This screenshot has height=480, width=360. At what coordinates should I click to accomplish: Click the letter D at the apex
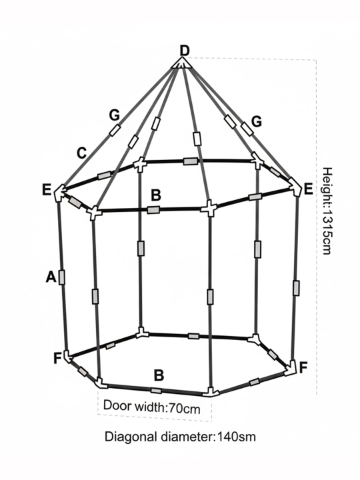click(x=184, y=51)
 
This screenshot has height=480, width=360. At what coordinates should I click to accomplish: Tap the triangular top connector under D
click(x=181, y=63)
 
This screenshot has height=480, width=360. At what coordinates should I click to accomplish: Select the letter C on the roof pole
click(x=82, y=153)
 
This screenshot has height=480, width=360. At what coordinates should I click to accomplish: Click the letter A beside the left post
click(x=51, y=277)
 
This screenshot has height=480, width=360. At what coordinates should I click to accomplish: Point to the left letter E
click(x=47, y=190)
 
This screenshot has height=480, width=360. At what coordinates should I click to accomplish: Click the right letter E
click(x=307, y=189)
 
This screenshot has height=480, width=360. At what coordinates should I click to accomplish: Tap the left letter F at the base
click(x=58, y=358)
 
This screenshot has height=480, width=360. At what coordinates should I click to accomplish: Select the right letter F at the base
click(x=303, y=367)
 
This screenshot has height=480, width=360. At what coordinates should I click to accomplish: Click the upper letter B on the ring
click(x=156, y=195)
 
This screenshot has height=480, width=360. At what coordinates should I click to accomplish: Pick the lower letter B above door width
click(x=159, y=375)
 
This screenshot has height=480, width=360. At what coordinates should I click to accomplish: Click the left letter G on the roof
click(x=114, y=115)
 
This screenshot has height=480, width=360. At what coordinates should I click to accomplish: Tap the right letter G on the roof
click(x=257, y=121)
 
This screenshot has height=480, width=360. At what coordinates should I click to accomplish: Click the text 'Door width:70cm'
click(x=152, y=407)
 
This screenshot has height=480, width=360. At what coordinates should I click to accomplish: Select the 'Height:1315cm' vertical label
click(x=327, y=211)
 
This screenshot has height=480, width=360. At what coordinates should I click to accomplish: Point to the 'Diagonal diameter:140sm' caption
click(x=180, y=437)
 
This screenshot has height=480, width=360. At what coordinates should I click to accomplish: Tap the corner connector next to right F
click(x=290, y=368)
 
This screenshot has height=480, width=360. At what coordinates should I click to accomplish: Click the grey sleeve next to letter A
click(x=62, y=277)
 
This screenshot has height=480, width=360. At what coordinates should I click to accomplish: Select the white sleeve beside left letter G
click(x=115, y=131)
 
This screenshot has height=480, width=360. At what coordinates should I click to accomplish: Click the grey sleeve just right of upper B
click(x=153, y=210)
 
